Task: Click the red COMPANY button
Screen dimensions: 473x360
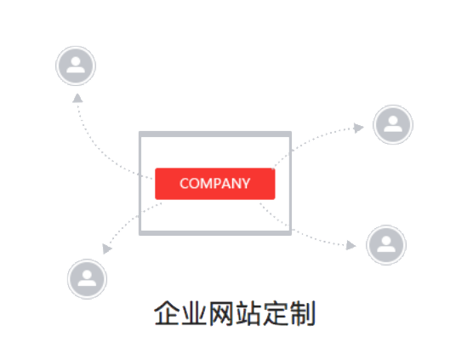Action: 214,184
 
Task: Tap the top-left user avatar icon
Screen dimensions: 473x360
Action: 76,66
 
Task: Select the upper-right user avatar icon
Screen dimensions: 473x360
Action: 393,124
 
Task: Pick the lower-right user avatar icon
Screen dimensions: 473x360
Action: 386,245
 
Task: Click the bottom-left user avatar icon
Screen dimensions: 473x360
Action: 87,279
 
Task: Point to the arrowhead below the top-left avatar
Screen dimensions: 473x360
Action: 77,99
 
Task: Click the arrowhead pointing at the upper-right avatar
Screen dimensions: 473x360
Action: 358,128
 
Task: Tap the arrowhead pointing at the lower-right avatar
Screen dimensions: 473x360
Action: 350,245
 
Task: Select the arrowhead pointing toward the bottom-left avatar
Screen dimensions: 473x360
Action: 106,249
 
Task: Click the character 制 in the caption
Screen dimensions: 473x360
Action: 302,313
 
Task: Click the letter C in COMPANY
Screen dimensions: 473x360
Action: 184,184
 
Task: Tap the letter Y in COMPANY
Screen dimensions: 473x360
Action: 246,184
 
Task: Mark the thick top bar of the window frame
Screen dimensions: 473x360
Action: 215,134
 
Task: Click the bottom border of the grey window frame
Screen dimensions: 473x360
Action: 215,233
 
